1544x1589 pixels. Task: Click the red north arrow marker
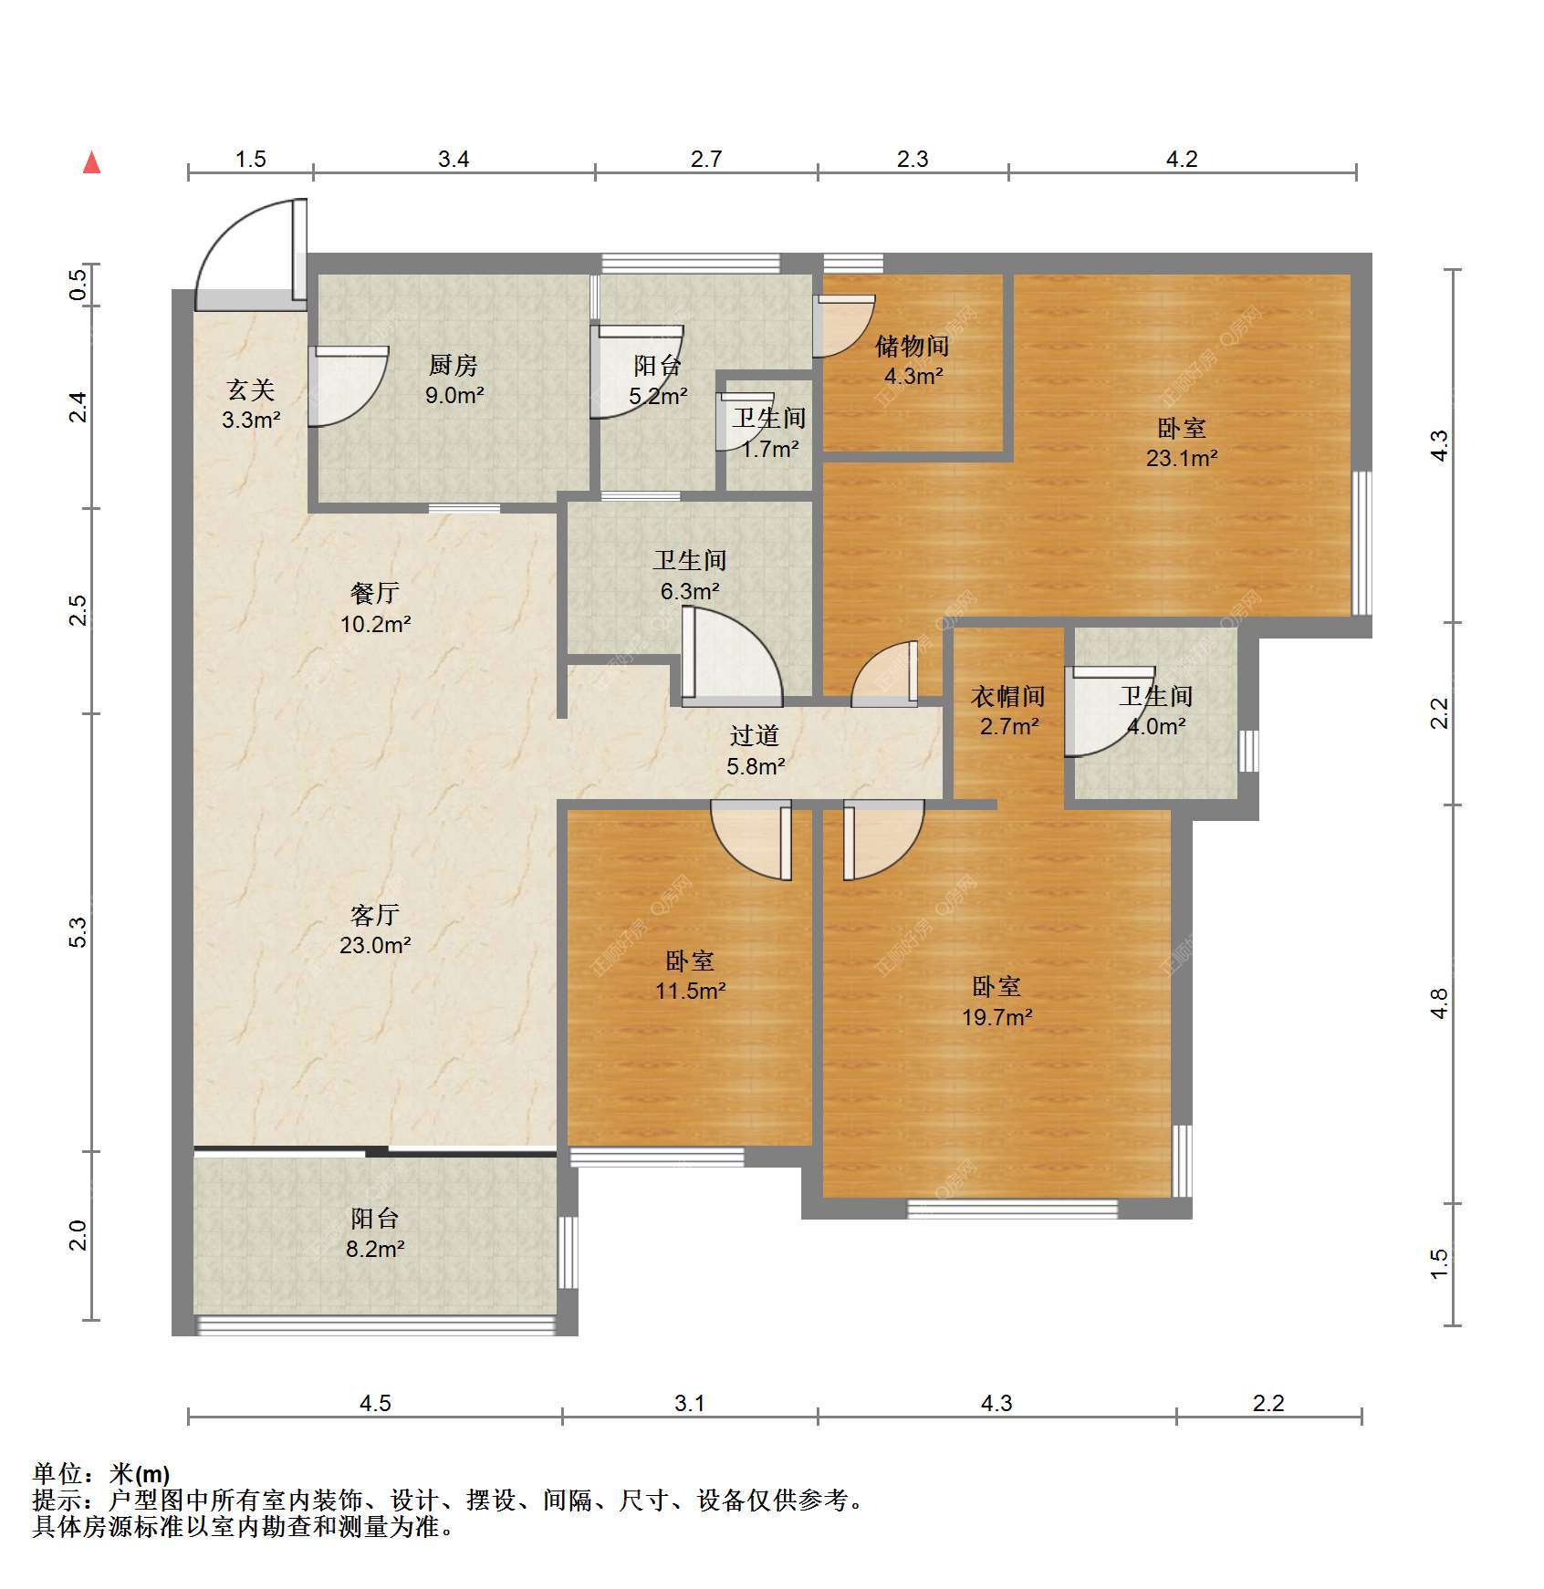tap(91, 162)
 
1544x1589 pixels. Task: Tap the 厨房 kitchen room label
tap(454, 366)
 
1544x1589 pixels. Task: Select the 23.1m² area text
tap(1182, 458)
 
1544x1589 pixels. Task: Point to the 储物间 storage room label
tap(913, 346)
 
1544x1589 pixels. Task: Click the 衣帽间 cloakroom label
tap(1008, 697)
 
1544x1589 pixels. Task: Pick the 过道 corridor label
tap(755, 735)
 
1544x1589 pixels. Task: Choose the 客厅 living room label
tap(375, 914)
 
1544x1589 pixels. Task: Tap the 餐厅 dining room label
tap(375, 593)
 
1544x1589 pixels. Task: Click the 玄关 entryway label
tap(251, 390)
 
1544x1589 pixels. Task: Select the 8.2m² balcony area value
tap(375, 1249)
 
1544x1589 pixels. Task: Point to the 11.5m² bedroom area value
tap(691, 990)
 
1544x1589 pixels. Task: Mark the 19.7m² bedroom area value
tap(997, 1016)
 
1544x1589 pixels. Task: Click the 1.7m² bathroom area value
tap(769, 449)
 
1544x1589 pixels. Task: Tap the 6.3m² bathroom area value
tap(691, 591)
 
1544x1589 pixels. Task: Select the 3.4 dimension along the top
tap(454, 159)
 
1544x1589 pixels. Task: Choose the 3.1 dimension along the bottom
tap(690, 1403)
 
